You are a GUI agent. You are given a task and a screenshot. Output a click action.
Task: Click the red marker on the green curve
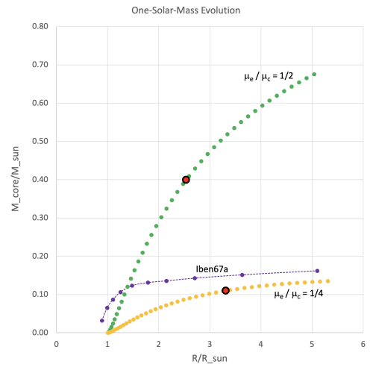tap(186, 179)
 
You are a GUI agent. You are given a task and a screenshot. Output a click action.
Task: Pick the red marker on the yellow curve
tap(225, 290)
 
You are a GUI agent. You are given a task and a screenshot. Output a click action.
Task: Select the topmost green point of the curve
tap(314, 74)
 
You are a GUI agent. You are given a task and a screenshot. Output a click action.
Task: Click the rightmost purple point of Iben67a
tap(317, 271)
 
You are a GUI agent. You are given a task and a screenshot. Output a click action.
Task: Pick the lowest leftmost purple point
tap(102, 320)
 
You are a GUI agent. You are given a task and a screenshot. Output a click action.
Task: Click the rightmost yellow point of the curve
tap(327, 281)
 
